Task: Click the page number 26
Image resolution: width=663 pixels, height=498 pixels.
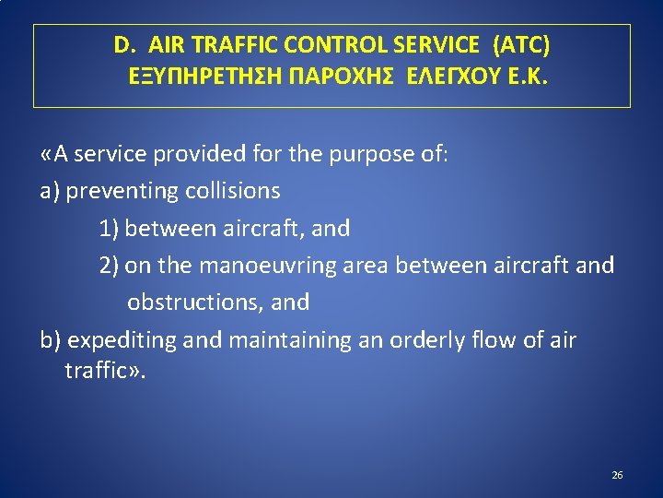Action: (617, 475)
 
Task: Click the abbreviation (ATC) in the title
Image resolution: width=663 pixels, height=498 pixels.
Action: (521, 44)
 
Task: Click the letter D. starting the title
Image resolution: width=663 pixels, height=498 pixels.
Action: (124, 44)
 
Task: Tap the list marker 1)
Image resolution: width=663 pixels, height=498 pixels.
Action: (110, 228)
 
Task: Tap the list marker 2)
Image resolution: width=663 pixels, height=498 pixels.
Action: (110, 266)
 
